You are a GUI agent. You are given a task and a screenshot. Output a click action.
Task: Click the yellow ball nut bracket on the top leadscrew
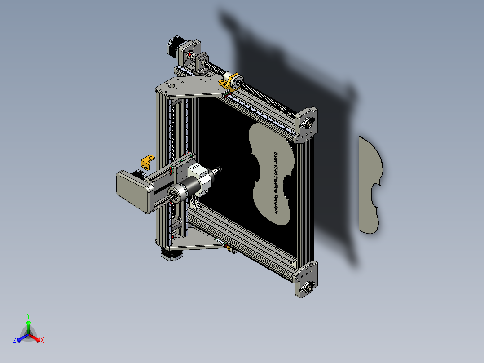(226, 83)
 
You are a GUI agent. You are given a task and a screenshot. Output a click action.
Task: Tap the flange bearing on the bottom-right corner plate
(308, 286)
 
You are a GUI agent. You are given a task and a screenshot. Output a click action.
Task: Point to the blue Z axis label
(15, 340)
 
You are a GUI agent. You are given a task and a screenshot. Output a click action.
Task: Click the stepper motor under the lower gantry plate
(171, 254)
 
